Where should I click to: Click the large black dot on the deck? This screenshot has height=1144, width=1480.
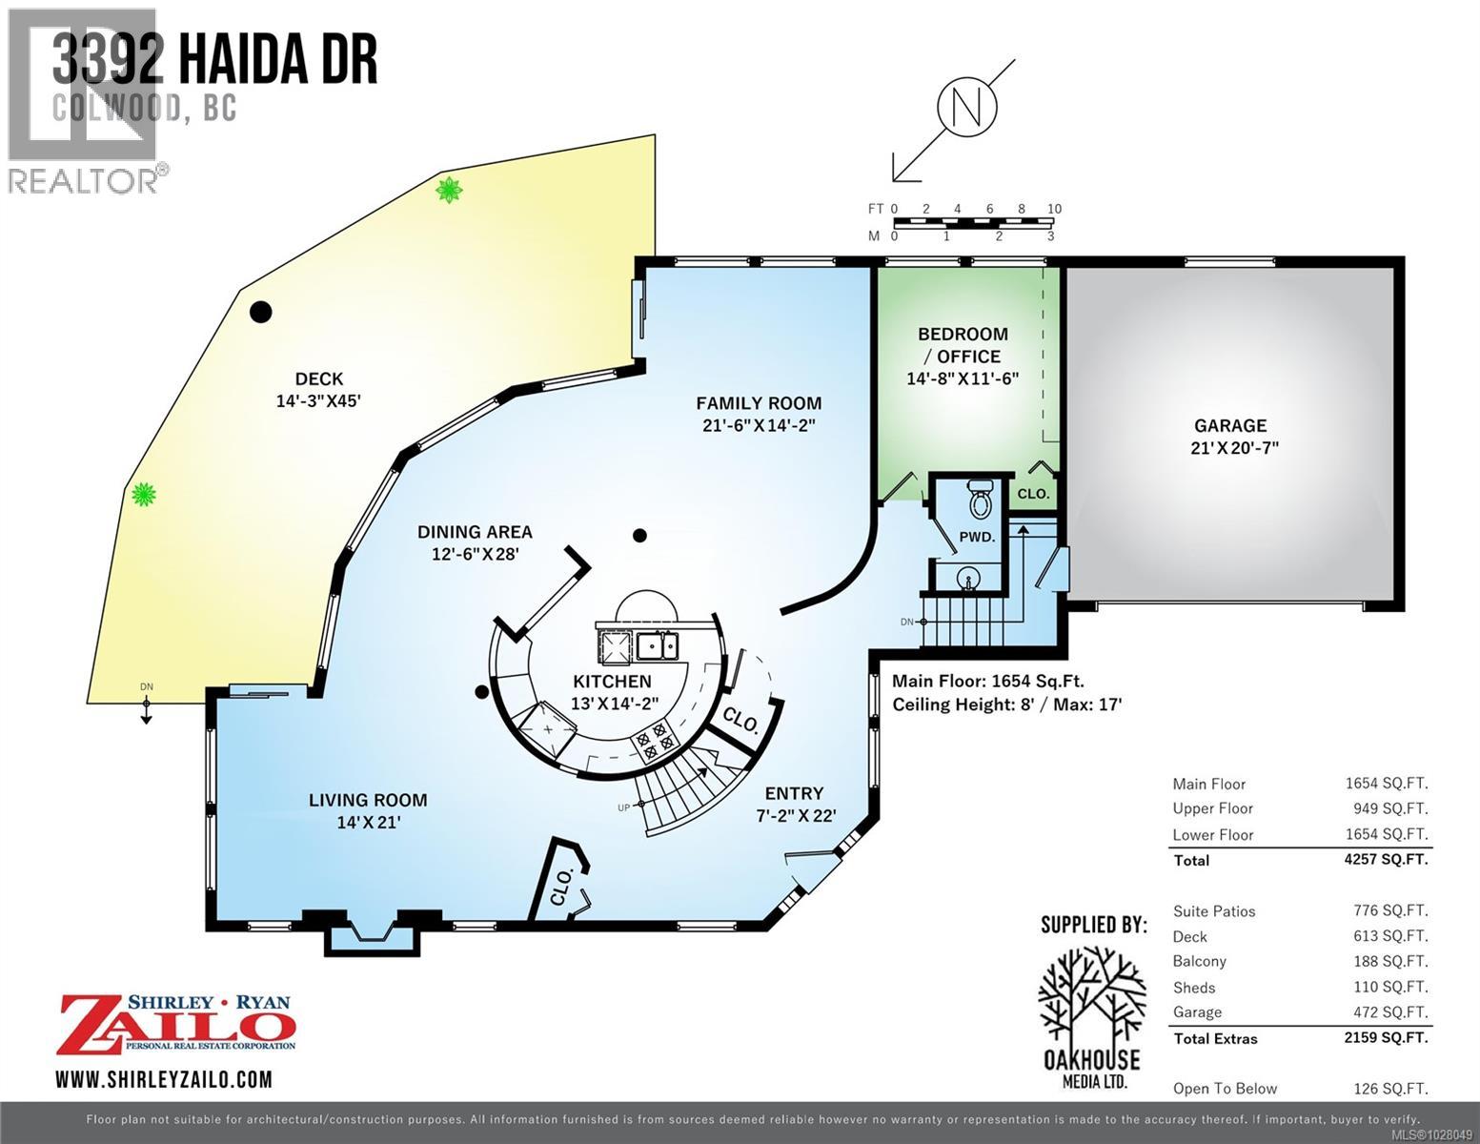click(260, 312)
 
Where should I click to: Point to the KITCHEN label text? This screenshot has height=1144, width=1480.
click(612, 682)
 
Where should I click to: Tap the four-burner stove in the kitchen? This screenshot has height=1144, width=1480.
click(652, 742)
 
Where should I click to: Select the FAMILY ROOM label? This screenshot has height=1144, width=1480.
click(758, 403)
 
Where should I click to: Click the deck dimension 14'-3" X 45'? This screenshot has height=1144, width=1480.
click(318, 401)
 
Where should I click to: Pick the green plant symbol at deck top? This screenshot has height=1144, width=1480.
click(449, 190)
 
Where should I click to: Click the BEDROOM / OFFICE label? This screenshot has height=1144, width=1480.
click(963, 345)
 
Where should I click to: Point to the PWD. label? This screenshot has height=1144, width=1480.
click(977, 538)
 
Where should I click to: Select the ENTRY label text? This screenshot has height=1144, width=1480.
click(794, 793)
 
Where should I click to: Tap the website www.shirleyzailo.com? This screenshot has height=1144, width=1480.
click(164, 1079)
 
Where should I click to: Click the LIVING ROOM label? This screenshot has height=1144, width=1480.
click(368, 800)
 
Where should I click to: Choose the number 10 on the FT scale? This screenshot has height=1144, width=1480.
click(1053, 209)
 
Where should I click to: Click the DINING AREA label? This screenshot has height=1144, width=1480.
click(475, 532)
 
